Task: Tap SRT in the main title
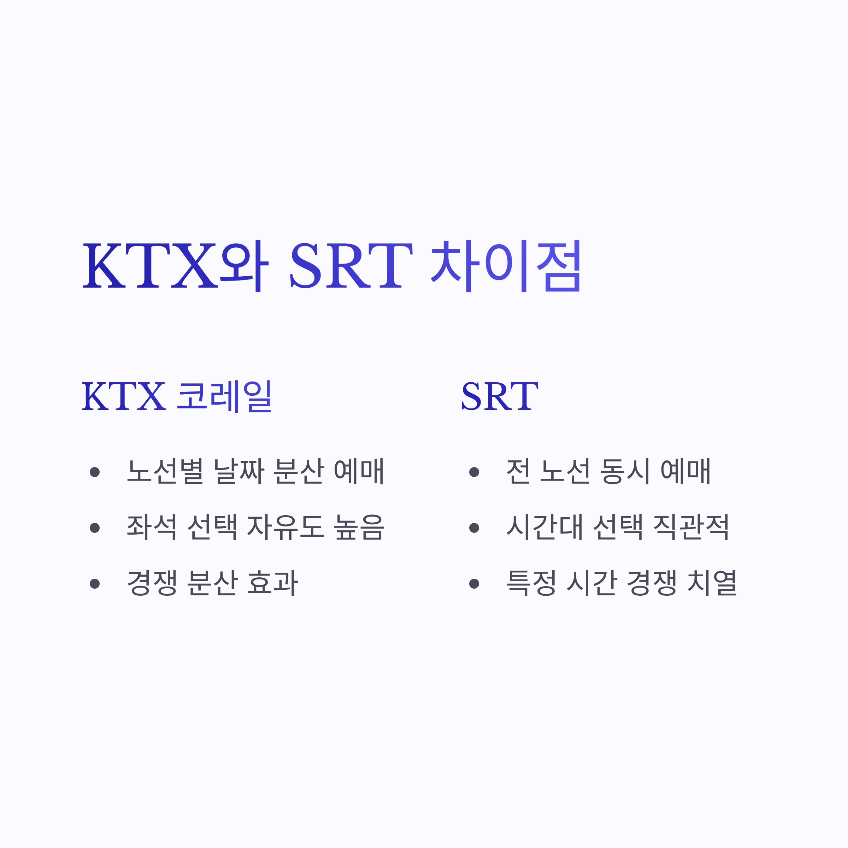[351, 266]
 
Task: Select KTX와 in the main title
[176, 266]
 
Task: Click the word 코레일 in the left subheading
[225, 396]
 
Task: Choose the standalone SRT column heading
[500, 396]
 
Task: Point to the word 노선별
[165, 471]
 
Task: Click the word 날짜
[239, 471]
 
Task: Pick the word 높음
[359, 527]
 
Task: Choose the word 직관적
[691, 527]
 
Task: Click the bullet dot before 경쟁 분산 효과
[94, 583]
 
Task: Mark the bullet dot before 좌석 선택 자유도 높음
[94, 528]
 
